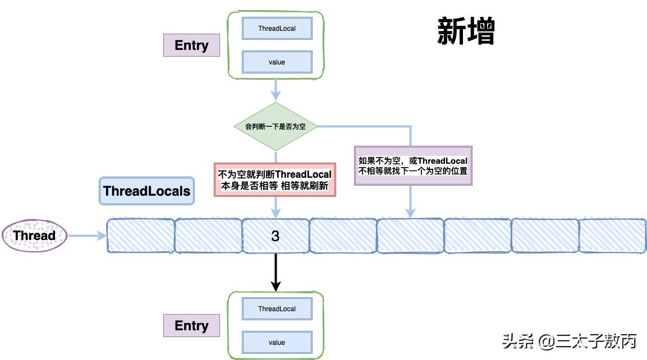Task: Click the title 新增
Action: pyautogui.click(x=466, y=31)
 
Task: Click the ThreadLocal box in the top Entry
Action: pyautogui.click(x=277, y=28)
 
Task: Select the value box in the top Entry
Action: pyautogui.click(x=277, y=62)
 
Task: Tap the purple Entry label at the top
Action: pyautogui.click(x=191, y=45)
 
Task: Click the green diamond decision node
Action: pyautogui.click(x=275, y=127)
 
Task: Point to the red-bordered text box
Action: pyautogui.click(x=275, y=179)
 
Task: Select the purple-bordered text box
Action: pyautogui.click(x=413, y=166)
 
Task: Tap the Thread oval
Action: pyautogui.click(x=34, y=236)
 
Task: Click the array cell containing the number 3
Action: pyautogui.click(x=276, y=236)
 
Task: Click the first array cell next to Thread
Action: pyautogui.click(x=140, y=236)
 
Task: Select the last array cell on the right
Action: pyautogui.click(x=612, y=236)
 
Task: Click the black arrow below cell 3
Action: pyautogui.click(x=276, y=272)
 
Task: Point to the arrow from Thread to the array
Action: pyautogui.click(x=87, y=236)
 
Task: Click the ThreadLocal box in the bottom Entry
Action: pyautogui.click(x=277, y=308)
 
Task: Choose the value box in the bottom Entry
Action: pyautogui.click(x=277, y=342)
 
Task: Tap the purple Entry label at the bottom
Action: pyautogui.click(x=191, y=326)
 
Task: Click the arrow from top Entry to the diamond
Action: pyautogui.click(x=276, y=90)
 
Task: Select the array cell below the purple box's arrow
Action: pyautogui.click(x=410, y=236)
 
